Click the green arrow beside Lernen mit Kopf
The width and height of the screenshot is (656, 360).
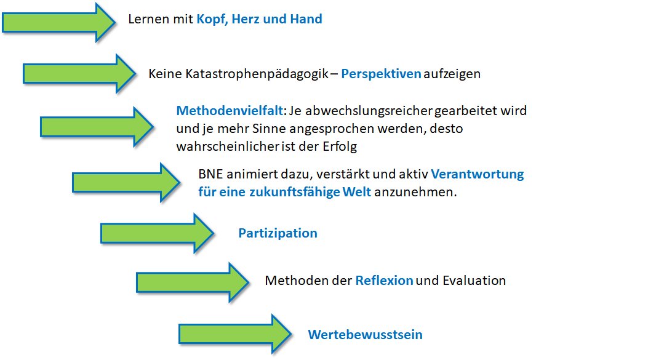click(58, 23)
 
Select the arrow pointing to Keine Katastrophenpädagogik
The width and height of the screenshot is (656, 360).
click(79, 74)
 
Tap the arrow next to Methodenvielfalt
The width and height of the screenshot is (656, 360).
click(97, 126)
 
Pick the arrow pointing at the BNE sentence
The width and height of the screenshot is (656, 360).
click(126, 183)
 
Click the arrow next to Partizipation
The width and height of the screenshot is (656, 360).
click(158, 233)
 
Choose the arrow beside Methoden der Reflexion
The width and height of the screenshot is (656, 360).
click(193, 282)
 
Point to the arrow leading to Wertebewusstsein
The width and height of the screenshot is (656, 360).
click(235, 334)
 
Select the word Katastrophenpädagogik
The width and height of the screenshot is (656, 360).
click(257, 74)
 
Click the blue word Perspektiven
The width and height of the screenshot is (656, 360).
click(381, 74)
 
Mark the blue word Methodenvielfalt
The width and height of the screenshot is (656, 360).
click(230, 111)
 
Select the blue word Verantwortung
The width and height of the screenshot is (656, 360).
click(478, 174)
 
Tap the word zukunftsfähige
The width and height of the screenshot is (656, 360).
click(295, 192)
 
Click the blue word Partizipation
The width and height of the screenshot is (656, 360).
click(278, 233)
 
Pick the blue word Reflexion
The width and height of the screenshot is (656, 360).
click(384, 281)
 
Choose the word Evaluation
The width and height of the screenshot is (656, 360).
click(474, 281)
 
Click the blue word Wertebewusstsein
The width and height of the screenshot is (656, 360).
click(366, 335)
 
